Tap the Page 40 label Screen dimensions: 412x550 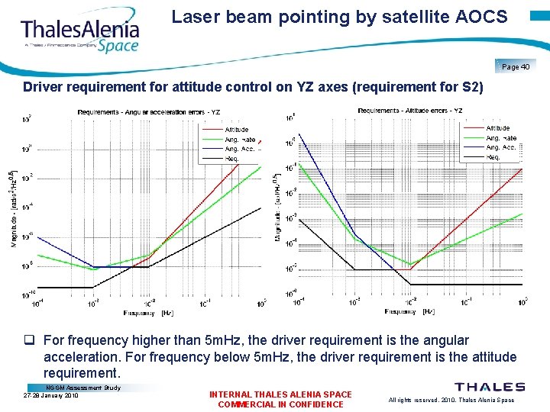(x=516, y=67)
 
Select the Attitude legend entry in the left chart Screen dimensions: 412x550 (x=236, y=130)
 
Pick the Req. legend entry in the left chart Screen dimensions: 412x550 (x=232, y=158)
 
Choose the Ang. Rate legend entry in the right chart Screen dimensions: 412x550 (x=501, y=138)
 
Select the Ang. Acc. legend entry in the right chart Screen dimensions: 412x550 (x=501, y=147)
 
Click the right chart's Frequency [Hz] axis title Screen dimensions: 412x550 (x=410, y=311)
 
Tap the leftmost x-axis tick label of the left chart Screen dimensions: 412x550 (x=37, y=303)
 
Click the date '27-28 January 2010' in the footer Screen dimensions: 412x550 (x=51, y=396)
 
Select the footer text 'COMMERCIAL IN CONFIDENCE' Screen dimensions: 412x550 (x=280, y=404)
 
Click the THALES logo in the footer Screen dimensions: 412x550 (x=490, y=388)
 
